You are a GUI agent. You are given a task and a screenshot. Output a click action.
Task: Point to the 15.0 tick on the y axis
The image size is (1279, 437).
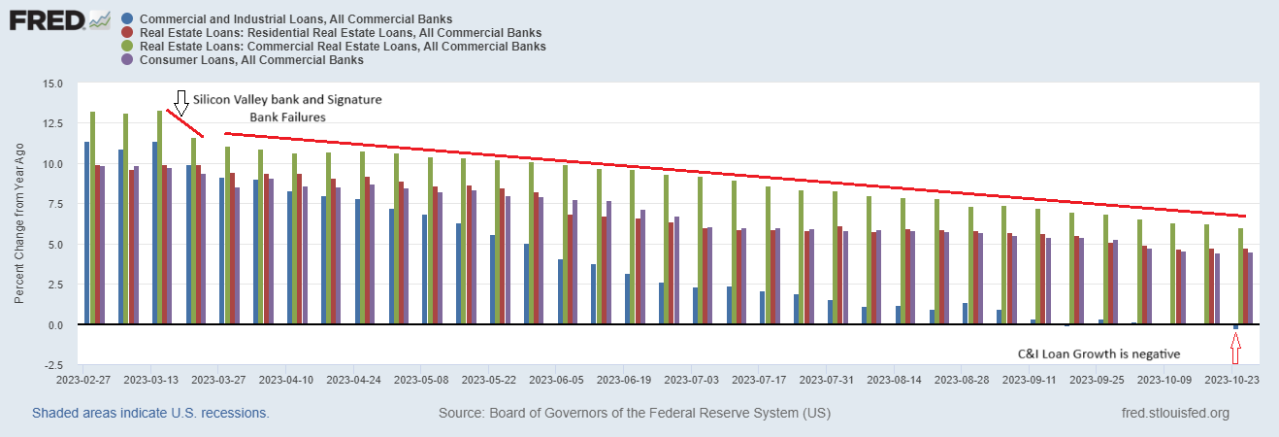tap(50, 84)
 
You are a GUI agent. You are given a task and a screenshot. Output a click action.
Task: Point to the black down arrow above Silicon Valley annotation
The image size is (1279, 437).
tap(180, 101)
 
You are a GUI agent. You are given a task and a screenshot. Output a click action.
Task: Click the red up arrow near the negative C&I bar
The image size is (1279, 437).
tap(1235, 345)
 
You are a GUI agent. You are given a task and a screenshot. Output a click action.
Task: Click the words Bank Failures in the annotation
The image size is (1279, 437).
tap(287, 117)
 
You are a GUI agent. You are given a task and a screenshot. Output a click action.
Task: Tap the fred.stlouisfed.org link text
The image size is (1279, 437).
tap(1174, 414)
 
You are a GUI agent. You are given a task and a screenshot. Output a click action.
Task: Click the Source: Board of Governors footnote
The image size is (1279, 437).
tap(635, 414)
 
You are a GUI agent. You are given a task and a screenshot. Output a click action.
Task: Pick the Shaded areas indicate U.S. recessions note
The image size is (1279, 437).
tap(150, 414)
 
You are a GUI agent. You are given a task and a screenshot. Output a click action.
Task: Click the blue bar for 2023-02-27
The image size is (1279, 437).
tap(87, 233)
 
